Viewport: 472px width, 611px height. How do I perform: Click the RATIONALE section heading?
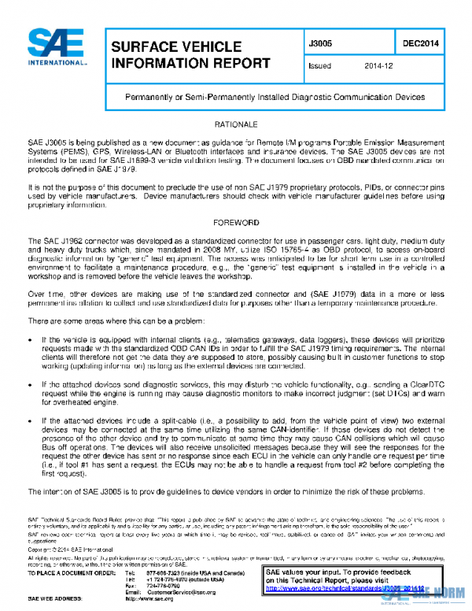point(236,125)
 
